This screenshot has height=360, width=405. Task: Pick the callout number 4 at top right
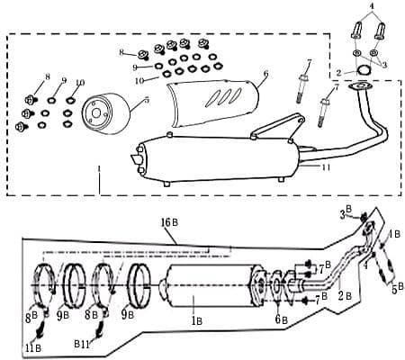click(x=371, y=6)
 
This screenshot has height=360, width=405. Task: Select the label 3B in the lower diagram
click(x=344, y=213)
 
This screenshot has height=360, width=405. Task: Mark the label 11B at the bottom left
click(x=34, y=347)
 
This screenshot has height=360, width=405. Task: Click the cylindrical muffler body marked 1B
click(x=207, y=289)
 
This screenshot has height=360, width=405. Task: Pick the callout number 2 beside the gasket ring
click(x=338, y=71)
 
